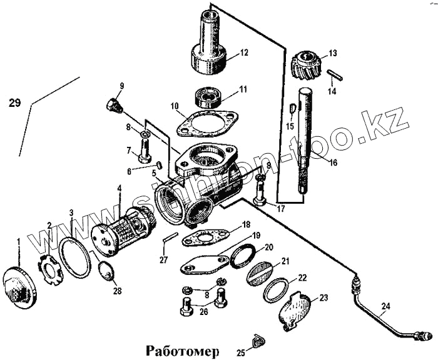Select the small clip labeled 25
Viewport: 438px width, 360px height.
(x=256, y=341)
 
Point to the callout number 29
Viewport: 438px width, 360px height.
(x=18, y=103)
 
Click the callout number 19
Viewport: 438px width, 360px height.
(x=256, y=236)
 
